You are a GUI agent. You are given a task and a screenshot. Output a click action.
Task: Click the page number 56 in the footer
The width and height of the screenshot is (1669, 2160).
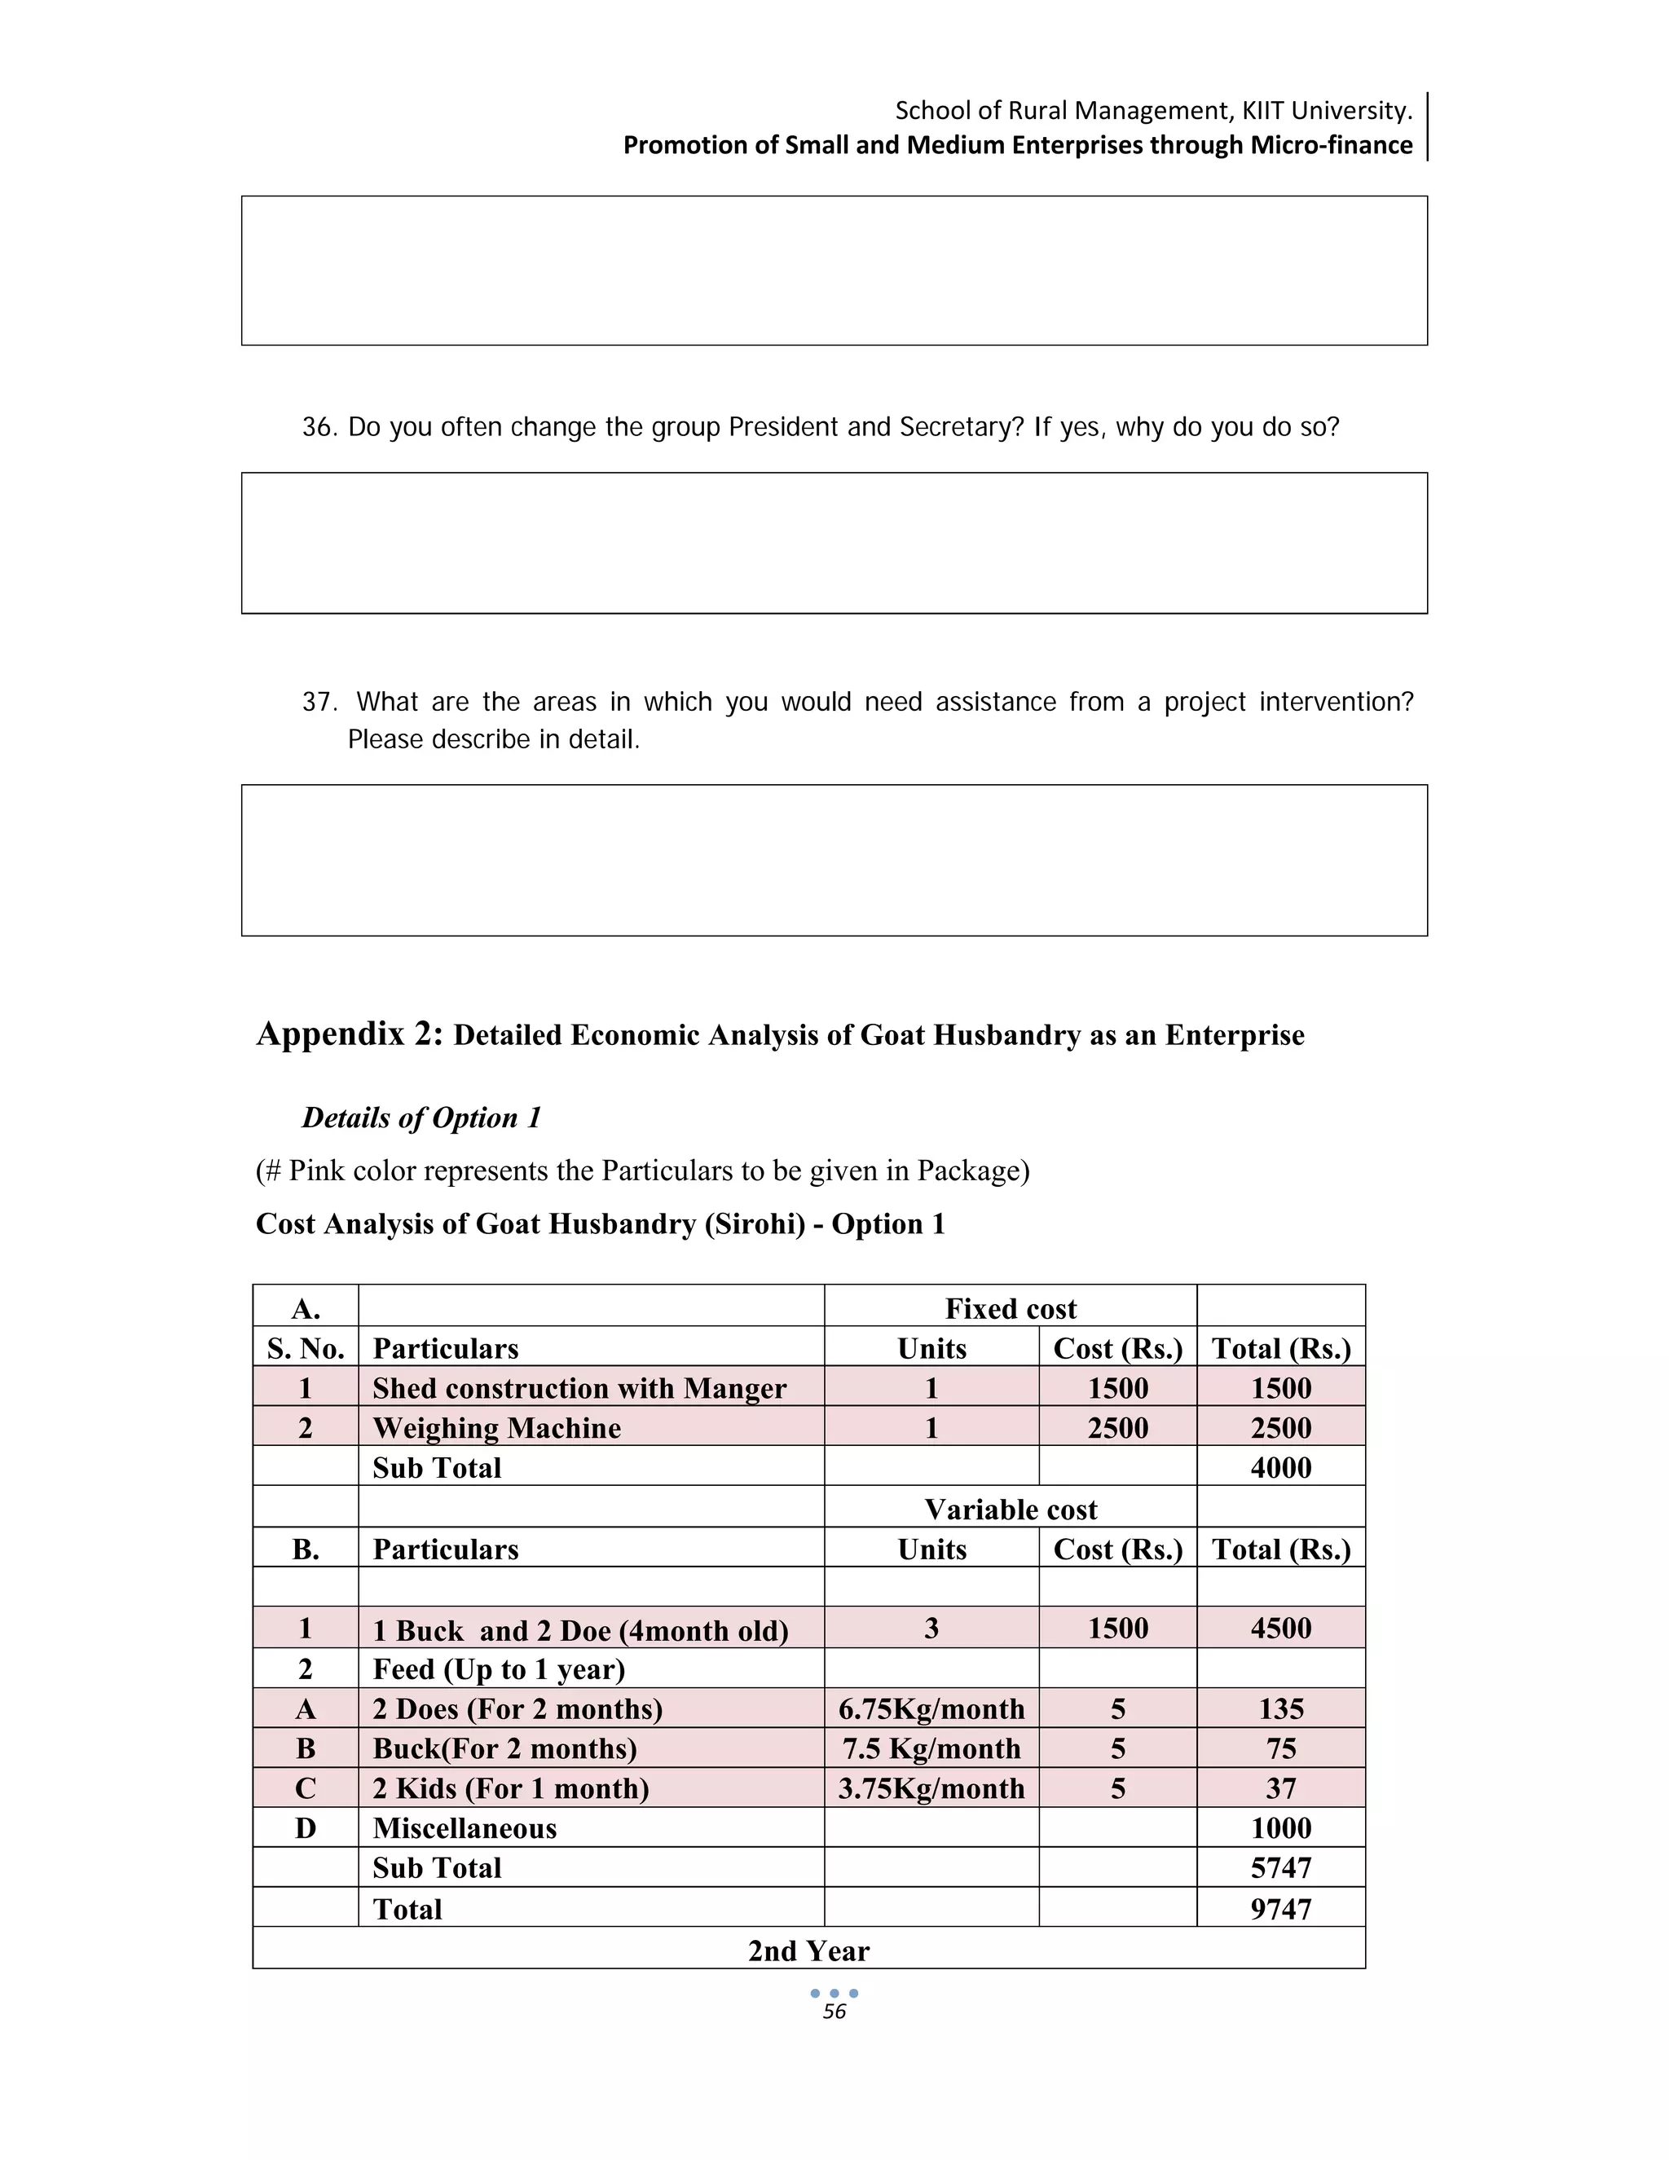tap(834, 2012)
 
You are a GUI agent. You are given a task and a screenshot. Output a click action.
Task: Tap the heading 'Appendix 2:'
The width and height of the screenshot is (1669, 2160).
tap(350, 1034)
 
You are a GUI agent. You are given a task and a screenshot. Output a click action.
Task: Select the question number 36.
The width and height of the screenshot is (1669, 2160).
tap(319, 427)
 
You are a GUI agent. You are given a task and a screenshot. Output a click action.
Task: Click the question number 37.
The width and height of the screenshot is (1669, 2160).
tap(319, 702)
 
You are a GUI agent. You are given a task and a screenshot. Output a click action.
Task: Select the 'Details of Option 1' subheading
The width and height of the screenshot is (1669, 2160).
tap(422, 1117)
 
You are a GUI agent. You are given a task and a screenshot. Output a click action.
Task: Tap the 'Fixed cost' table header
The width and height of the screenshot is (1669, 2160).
tap(1010, 1308)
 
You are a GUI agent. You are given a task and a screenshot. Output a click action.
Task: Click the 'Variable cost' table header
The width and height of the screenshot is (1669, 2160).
tap(1010, 1510)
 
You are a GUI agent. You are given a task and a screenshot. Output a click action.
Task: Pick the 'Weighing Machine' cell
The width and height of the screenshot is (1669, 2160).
tap(496, 1428)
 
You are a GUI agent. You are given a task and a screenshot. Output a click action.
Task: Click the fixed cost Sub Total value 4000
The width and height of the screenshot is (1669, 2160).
tap(1280, 1468)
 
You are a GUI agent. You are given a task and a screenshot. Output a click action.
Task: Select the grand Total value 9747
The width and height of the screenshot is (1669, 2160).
tap(1280, 1909)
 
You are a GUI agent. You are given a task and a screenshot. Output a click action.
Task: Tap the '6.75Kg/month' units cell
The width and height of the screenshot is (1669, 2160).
tap(931, 1709)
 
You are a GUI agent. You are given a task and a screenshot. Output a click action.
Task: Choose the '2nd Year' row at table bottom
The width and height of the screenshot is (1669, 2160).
tap(808, 1951)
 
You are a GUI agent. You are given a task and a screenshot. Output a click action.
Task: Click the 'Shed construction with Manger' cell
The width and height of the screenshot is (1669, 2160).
tap(579, 1389)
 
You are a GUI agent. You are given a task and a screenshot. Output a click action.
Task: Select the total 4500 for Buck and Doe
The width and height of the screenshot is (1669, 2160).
tap(1280, 1628)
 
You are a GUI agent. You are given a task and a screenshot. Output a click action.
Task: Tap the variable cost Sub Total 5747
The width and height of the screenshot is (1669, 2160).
tap(1280, 1867)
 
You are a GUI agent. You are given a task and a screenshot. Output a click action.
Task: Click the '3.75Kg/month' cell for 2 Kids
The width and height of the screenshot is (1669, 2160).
tap(931, 1788)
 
